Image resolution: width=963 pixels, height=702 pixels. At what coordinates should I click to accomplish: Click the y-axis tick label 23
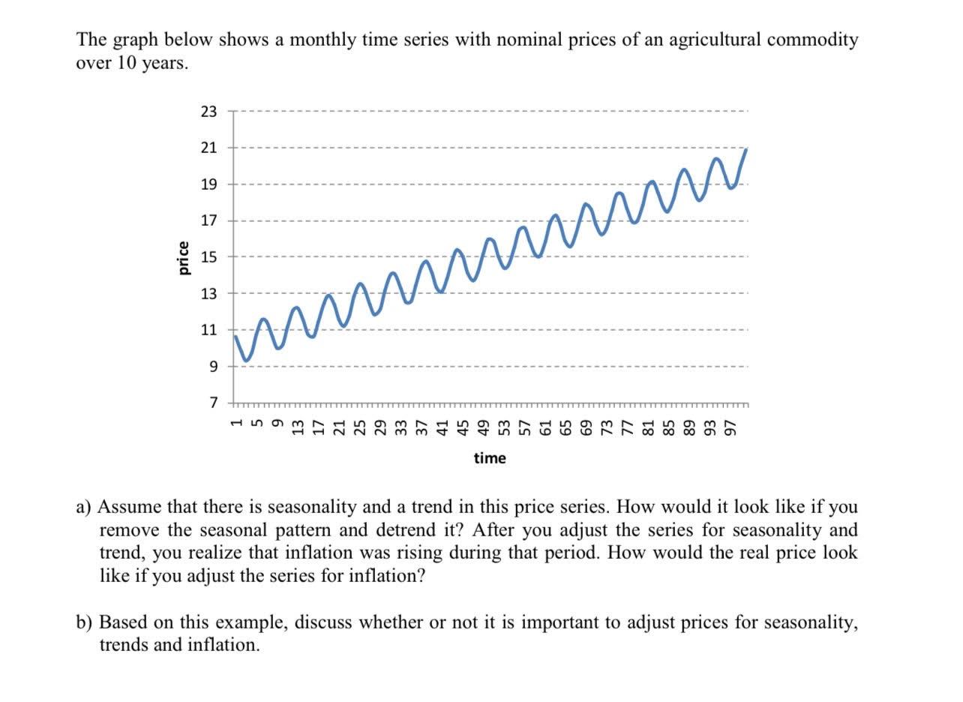click(208, 112)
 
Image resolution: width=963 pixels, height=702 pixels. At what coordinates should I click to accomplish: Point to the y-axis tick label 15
click(208, 257)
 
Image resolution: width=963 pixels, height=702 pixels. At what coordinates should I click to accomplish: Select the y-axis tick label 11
click(208, 330)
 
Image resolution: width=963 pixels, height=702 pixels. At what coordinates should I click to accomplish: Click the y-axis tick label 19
click(208, 184)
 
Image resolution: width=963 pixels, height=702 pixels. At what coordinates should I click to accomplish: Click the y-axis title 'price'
click(182, 257)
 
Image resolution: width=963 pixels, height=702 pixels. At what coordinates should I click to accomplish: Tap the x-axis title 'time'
click(490, 457)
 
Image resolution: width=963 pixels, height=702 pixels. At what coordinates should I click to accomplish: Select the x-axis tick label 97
click(735, 426)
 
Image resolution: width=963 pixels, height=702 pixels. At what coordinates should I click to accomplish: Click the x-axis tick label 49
click(485, 426)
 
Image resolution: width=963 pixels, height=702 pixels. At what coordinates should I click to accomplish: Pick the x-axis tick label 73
click(610, 426)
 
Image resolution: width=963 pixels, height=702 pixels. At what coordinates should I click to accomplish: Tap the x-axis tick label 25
click(361, 426)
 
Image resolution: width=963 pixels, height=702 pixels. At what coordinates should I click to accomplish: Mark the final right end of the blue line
click(746, 149)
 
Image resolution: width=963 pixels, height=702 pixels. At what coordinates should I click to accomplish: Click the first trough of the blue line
click(246, 361)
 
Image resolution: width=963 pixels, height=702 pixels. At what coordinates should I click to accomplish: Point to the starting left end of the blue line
click(235, 336)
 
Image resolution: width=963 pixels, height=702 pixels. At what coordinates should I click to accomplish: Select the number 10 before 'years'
click(127, 63)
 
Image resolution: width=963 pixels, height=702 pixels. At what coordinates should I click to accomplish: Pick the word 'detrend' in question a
click(415, 530)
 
